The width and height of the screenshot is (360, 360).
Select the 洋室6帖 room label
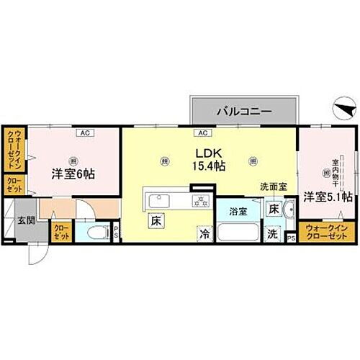73,174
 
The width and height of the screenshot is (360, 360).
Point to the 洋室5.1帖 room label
328,196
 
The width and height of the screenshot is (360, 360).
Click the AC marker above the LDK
202,133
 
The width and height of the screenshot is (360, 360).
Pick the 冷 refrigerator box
205,234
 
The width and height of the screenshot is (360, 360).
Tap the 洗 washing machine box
273,233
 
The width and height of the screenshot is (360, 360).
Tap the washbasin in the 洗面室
289,212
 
